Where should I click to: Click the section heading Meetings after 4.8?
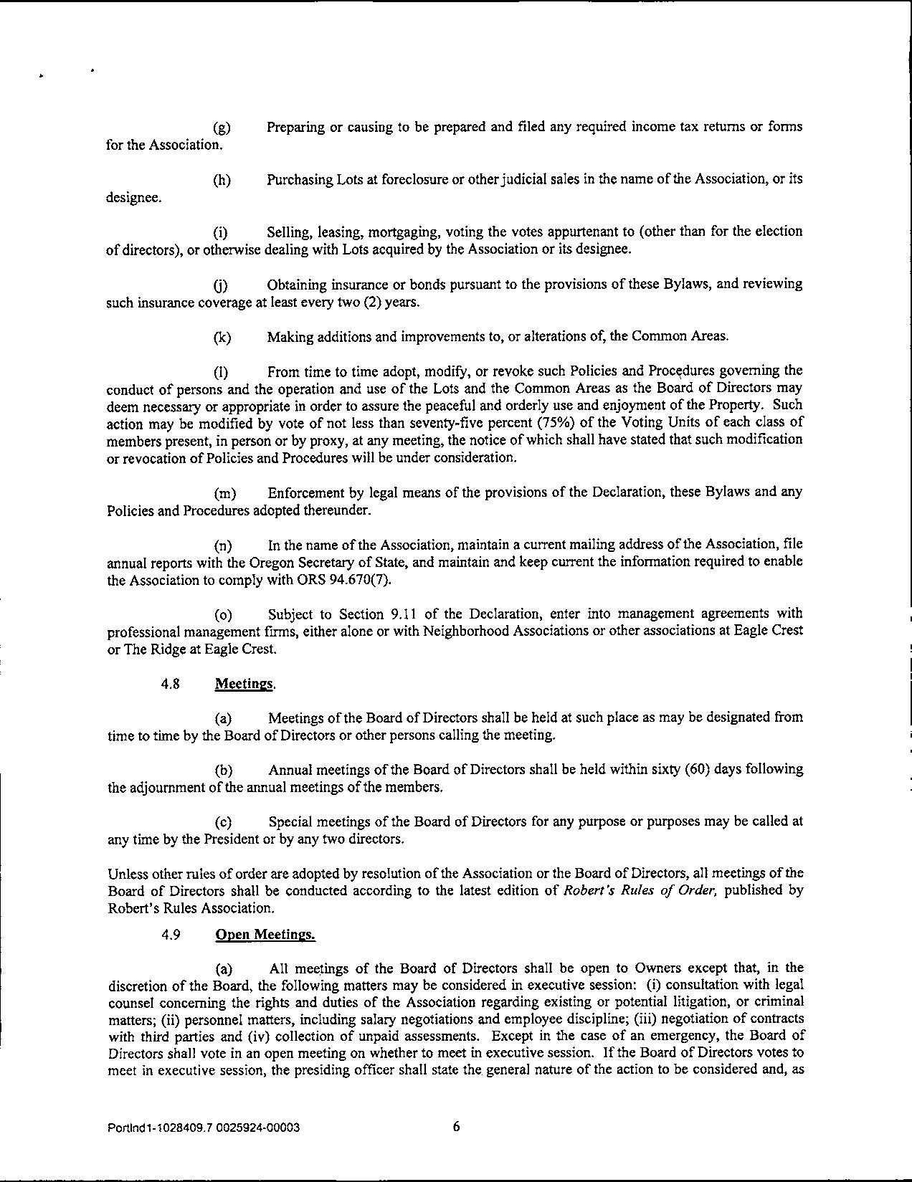244,684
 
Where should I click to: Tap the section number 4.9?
170,935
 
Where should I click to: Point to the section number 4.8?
170,684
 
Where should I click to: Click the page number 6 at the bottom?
456,1126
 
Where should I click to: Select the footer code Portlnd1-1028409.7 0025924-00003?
203,1128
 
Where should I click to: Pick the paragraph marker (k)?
222,338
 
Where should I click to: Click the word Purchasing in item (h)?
299,179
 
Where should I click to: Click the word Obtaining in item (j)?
297,285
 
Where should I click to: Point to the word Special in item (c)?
290,821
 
